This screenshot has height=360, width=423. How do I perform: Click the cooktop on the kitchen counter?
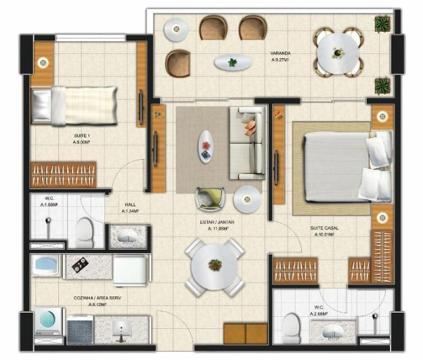81,265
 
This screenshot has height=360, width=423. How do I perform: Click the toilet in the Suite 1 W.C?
85,231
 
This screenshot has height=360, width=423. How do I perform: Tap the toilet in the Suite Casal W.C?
291,328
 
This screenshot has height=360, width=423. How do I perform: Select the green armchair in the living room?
209,198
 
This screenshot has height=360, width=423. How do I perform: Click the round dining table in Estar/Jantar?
215,266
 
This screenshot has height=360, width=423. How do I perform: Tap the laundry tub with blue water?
46,265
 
